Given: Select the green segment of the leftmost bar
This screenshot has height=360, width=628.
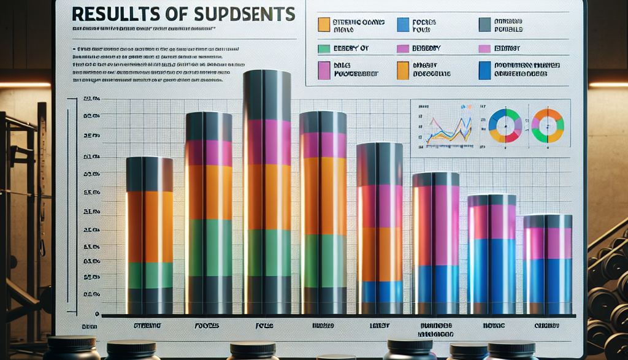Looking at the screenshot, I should [150, 275].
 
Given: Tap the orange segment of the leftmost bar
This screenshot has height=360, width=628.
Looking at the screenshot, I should [150, 226].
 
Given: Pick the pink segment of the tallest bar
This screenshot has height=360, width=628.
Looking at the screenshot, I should [267, 142].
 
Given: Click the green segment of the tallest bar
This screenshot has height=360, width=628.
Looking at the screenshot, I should [267, 252].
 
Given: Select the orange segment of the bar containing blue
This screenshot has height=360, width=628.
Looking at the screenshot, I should [380, 254].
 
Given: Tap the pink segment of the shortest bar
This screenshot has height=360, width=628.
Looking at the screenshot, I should [547, 243].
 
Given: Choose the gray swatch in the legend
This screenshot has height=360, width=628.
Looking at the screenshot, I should [484, 24].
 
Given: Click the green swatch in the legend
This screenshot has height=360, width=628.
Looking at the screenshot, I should [324, 48].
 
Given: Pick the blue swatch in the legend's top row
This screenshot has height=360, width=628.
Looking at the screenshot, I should [403, 24].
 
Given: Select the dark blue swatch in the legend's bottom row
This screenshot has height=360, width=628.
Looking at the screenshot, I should [484, 70].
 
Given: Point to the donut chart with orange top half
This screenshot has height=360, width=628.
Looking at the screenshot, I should [547, 125].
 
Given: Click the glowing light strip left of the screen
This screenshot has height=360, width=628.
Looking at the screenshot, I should [25, 85].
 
